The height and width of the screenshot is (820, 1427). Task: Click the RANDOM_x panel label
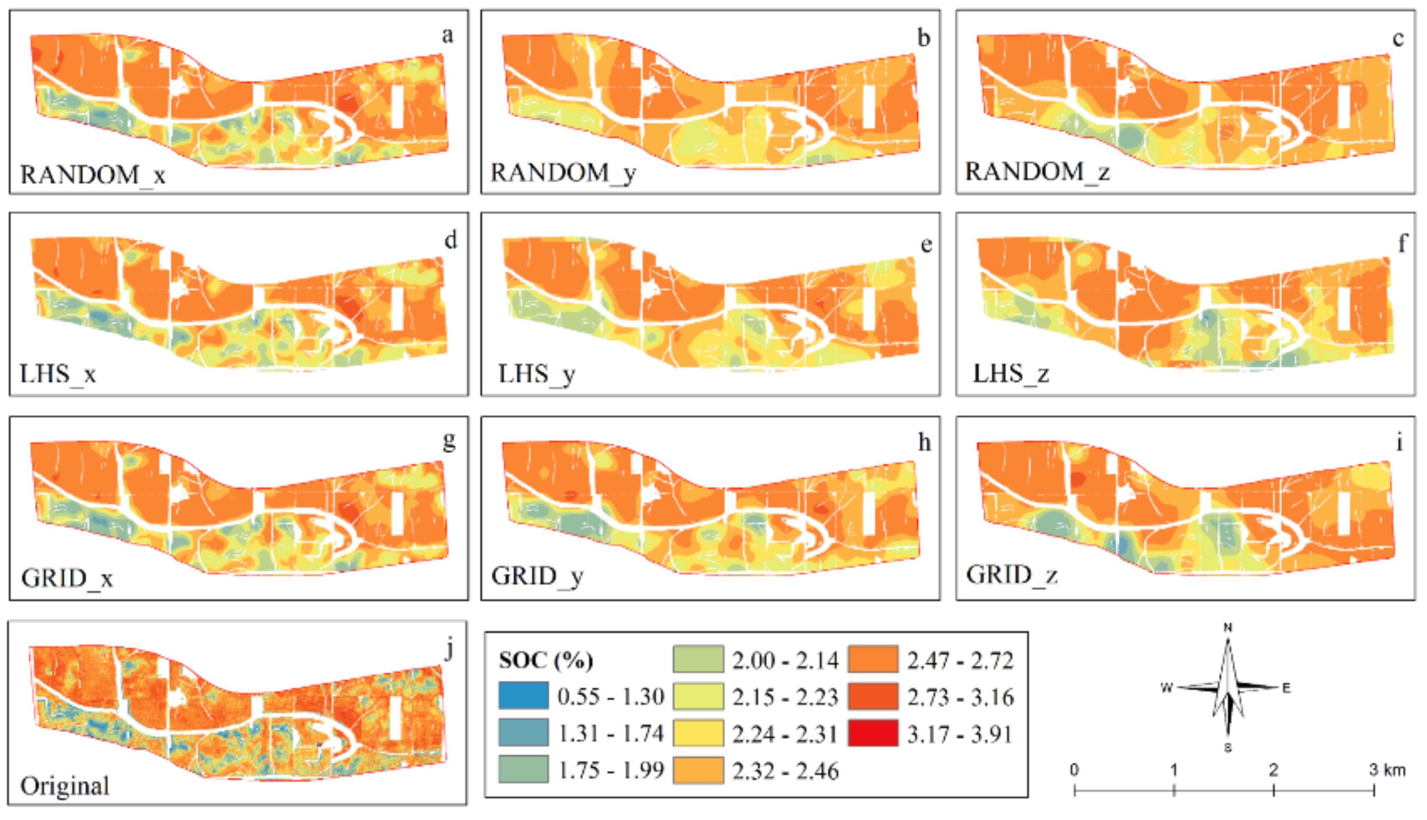pyautogui.click(x=93, y=175)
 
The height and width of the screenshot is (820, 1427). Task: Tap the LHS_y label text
pyautogui.click(x=536, y=374)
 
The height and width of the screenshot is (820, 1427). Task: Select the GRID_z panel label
pyautogui.click(x=1012, y=575)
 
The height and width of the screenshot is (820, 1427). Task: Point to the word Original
pyautogui.click(x=65, y=786)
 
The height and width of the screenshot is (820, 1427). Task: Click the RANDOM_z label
pyautogui.click(x=1038, y=172)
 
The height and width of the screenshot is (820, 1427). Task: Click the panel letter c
pyautogui.click(x=1398, y=39)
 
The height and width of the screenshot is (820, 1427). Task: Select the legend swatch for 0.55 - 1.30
pyautogui.click(x=523, y=695)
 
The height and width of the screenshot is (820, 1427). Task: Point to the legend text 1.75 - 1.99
pyautogui.click(x=611, y=770)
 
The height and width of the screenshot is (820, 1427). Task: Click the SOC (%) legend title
pyautogui.click(x=546, y=660)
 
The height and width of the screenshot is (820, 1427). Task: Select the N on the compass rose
pyautogui.click(x=1228, y=628)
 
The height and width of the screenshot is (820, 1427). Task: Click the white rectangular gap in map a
pyautogui.click(x=397, y=106)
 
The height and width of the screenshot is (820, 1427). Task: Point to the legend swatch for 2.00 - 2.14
pyautogui.click(x=698, y=659)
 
